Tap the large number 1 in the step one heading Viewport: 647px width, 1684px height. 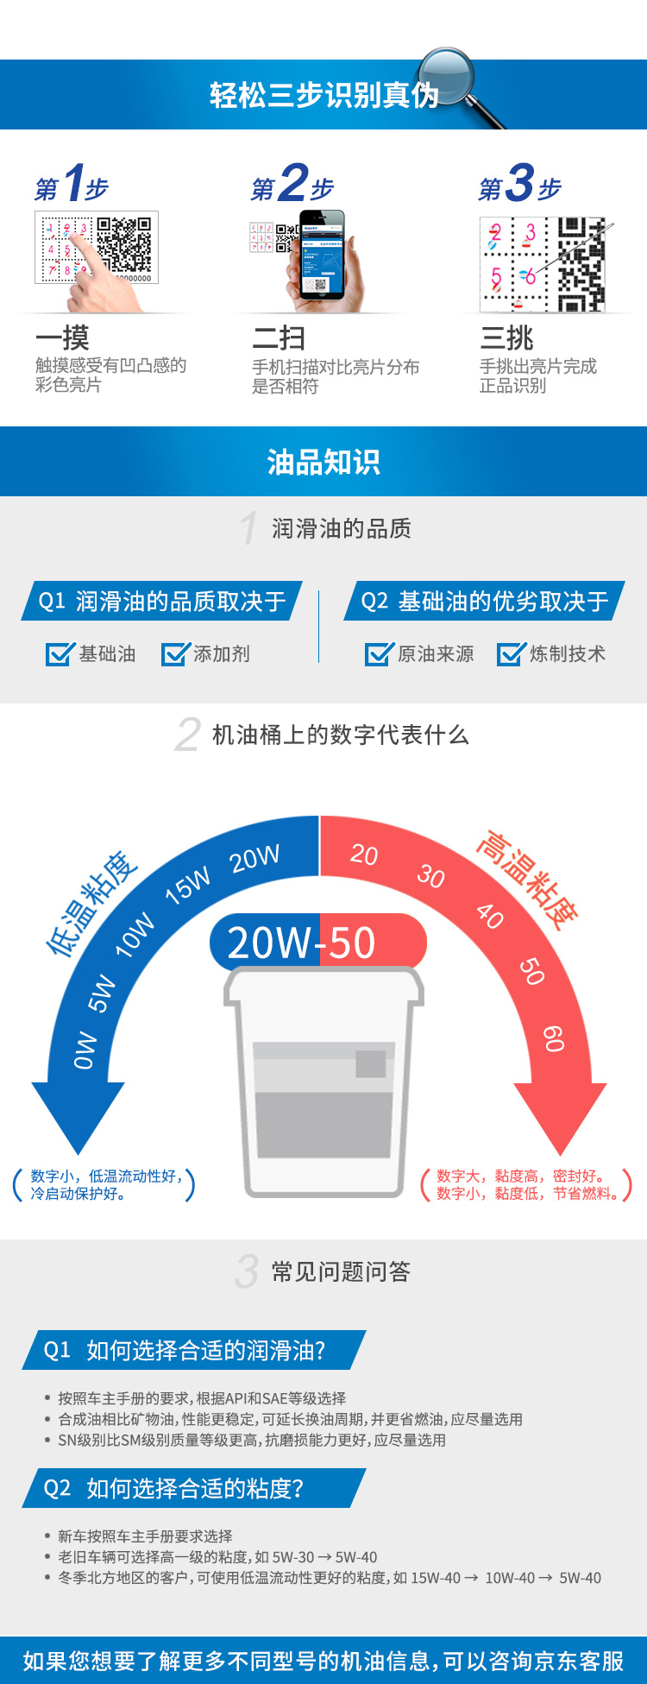click(73, 183)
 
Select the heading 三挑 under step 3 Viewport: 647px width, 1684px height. click(506, 337)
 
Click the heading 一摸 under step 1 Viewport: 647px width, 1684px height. click(62, 337)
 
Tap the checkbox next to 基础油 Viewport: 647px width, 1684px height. click(60, 654)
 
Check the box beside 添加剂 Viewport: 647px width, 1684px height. click(175, 654)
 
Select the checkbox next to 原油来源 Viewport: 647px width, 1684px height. click(379, 654)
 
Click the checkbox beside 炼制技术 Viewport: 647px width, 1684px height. click(511, 654)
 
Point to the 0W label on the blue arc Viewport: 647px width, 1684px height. click(85, 1050)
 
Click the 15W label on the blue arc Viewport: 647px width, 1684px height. click(188, 886)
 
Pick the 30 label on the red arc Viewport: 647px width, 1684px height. click(430, 876)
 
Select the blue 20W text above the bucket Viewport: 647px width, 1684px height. click(269, 943)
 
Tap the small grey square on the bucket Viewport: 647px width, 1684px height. click(371, 1063)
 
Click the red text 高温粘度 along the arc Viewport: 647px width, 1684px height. click(527, 880)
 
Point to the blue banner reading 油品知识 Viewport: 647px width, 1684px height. click(323, 462)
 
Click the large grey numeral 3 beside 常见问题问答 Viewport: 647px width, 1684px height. click(247, 1271)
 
